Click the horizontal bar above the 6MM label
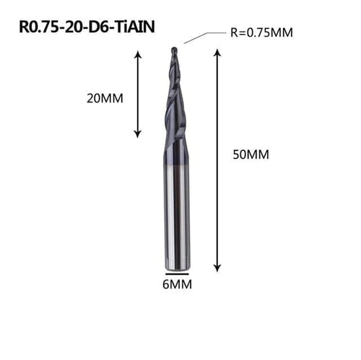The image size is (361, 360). coord(178,274)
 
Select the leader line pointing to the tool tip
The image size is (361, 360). coord(206,37)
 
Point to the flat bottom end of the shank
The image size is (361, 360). coord(178,267)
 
